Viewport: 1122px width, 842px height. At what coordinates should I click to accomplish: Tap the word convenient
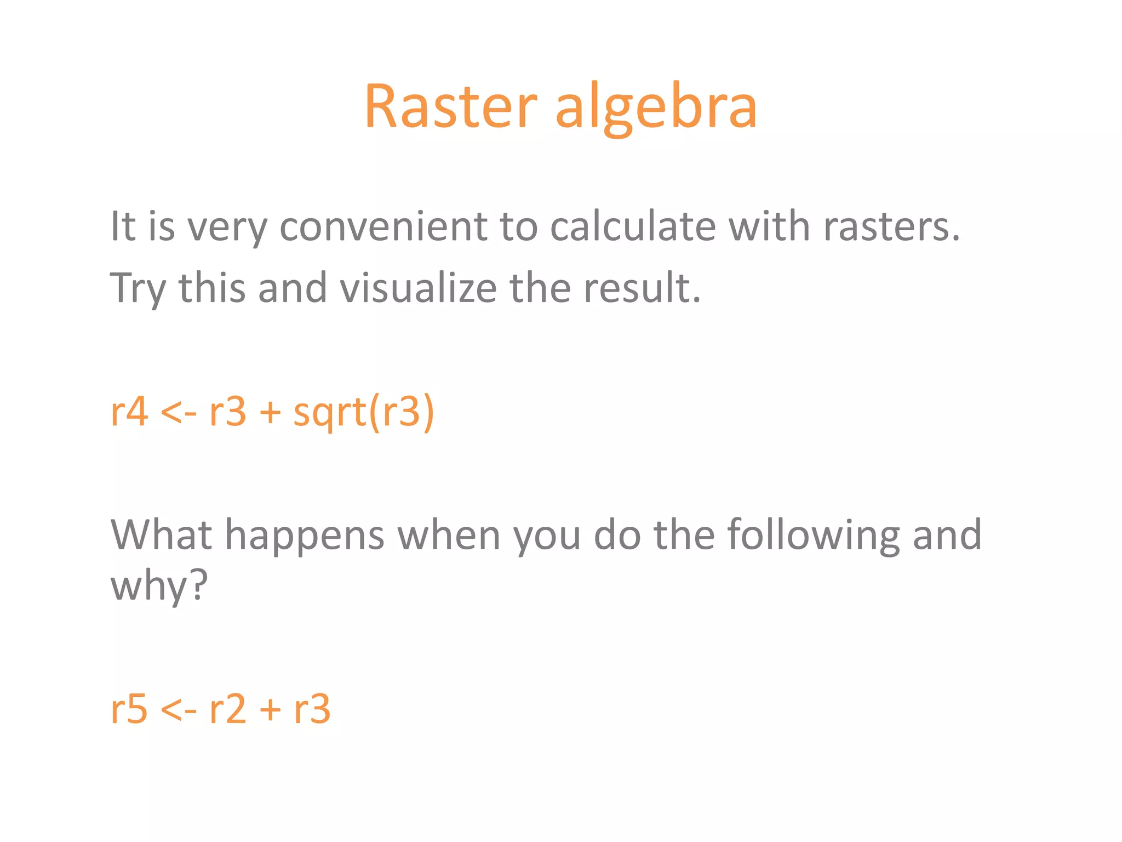click(383, 226)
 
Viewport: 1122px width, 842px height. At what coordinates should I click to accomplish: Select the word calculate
click(633, 226)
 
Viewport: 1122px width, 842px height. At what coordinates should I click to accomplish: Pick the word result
click(642, 288)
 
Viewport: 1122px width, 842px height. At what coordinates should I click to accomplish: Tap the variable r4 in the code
click(129, 411)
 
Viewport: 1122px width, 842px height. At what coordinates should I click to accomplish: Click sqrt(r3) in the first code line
click(364, 412)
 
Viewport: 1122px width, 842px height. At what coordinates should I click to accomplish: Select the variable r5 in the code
click(129, 709)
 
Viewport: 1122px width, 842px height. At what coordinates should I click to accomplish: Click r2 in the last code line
click(228, 709)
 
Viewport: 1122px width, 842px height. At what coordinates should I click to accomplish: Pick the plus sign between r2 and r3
click(270, 710)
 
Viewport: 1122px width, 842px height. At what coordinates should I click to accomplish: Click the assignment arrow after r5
click(179, 710)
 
